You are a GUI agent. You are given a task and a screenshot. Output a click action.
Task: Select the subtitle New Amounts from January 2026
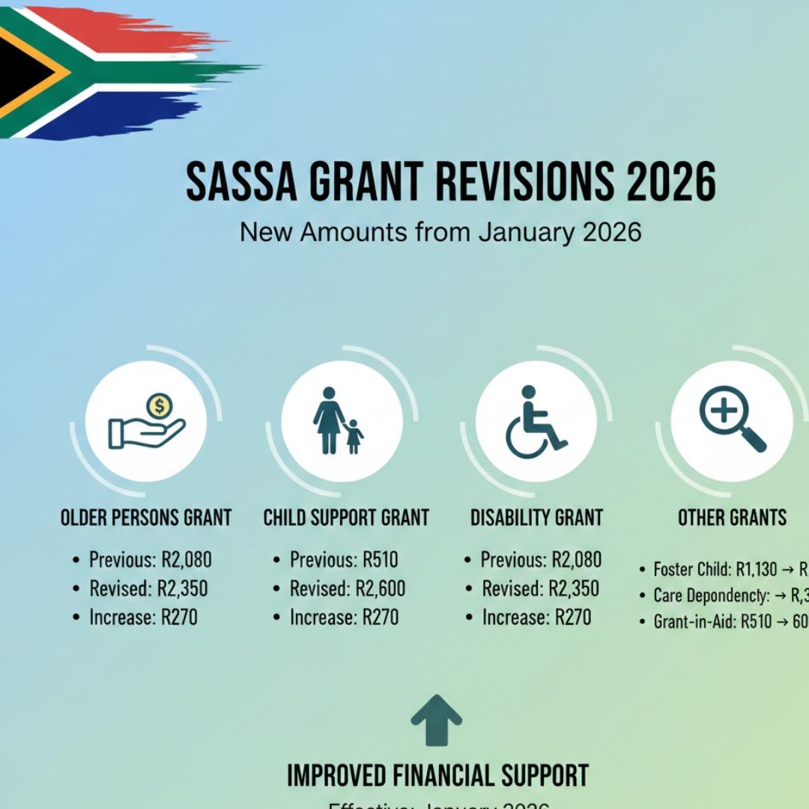(x=440, y=231)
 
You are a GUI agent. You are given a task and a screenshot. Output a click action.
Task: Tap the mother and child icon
(x=342, y=421)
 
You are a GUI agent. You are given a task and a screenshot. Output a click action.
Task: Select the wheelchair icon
(x=536, y=421)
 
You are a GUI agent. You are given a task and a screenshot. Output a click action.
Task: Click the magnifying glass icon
(x=732, y=421)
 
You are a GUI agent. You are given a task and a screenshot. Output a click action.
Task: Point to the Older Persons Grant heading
(x=146, y=518)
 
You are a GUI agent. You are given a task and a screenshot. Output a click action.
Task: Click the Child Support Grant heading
(x=346, y=518)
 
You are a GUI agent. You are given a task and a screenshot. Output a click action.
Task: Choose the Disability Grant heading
(x=536, y=518)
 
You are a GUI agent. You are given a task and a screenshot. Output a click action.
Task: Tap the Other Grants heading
(x=732, y=518)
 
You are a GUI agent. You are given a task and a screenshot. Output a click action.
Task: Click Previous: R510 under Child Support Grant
(x=344, y=560)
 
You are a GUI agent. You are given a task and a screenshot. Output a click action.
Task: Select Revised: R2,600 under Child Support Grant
(x=348, y=589)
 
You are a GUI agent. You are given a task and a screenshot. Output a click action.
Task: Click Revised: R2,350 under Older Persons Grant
(x=148, y=589)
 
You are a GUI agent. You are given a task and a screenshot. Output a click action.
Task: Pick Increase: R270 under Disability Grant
(x=536, y=617)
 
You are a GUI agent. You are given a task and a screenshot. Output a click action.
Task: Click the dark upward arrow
(x=437, y=720)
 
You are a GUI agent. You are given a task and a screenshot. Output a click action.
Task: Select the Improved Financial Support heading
(x=437, y=776)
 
